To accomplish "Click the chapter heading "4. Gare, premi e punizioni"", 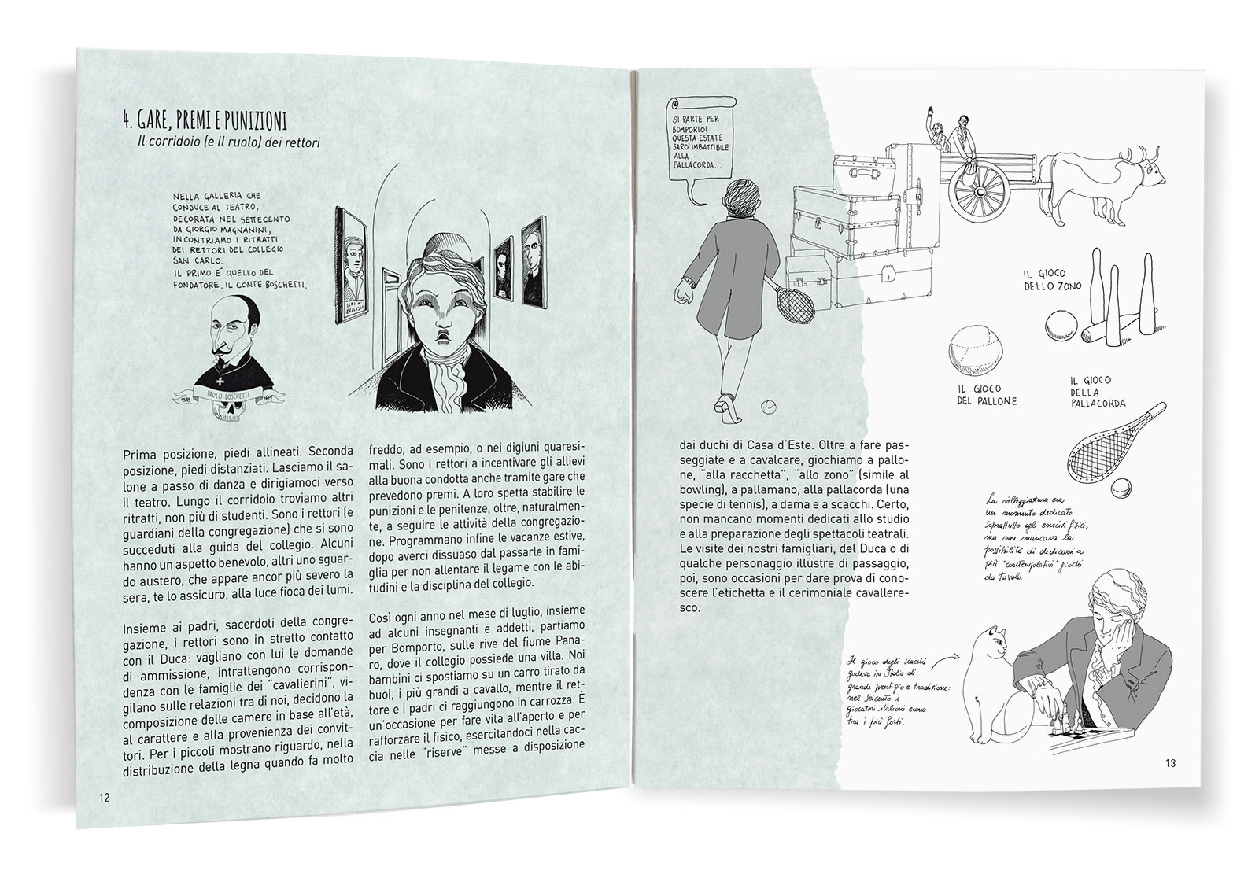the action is (x=205, y=120).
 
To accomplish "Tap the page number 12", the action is (x=104, y=798).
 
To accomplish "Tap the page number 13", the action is (x=1171, y=763).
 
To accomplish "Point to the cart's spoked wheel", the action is (x=980, y=192).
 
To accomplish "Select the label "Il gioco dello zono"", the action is (x=1044, y=279).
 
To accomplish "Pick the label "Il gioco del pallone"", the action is (x=987, y=395).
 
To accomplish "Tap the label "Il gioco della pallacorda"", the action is (x=1098, y=392).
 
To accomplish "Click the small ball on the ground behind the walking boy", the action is (x=766, y=406).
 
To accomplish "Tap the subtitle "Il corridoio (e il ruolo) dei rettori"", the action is (x=229, y=142).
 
